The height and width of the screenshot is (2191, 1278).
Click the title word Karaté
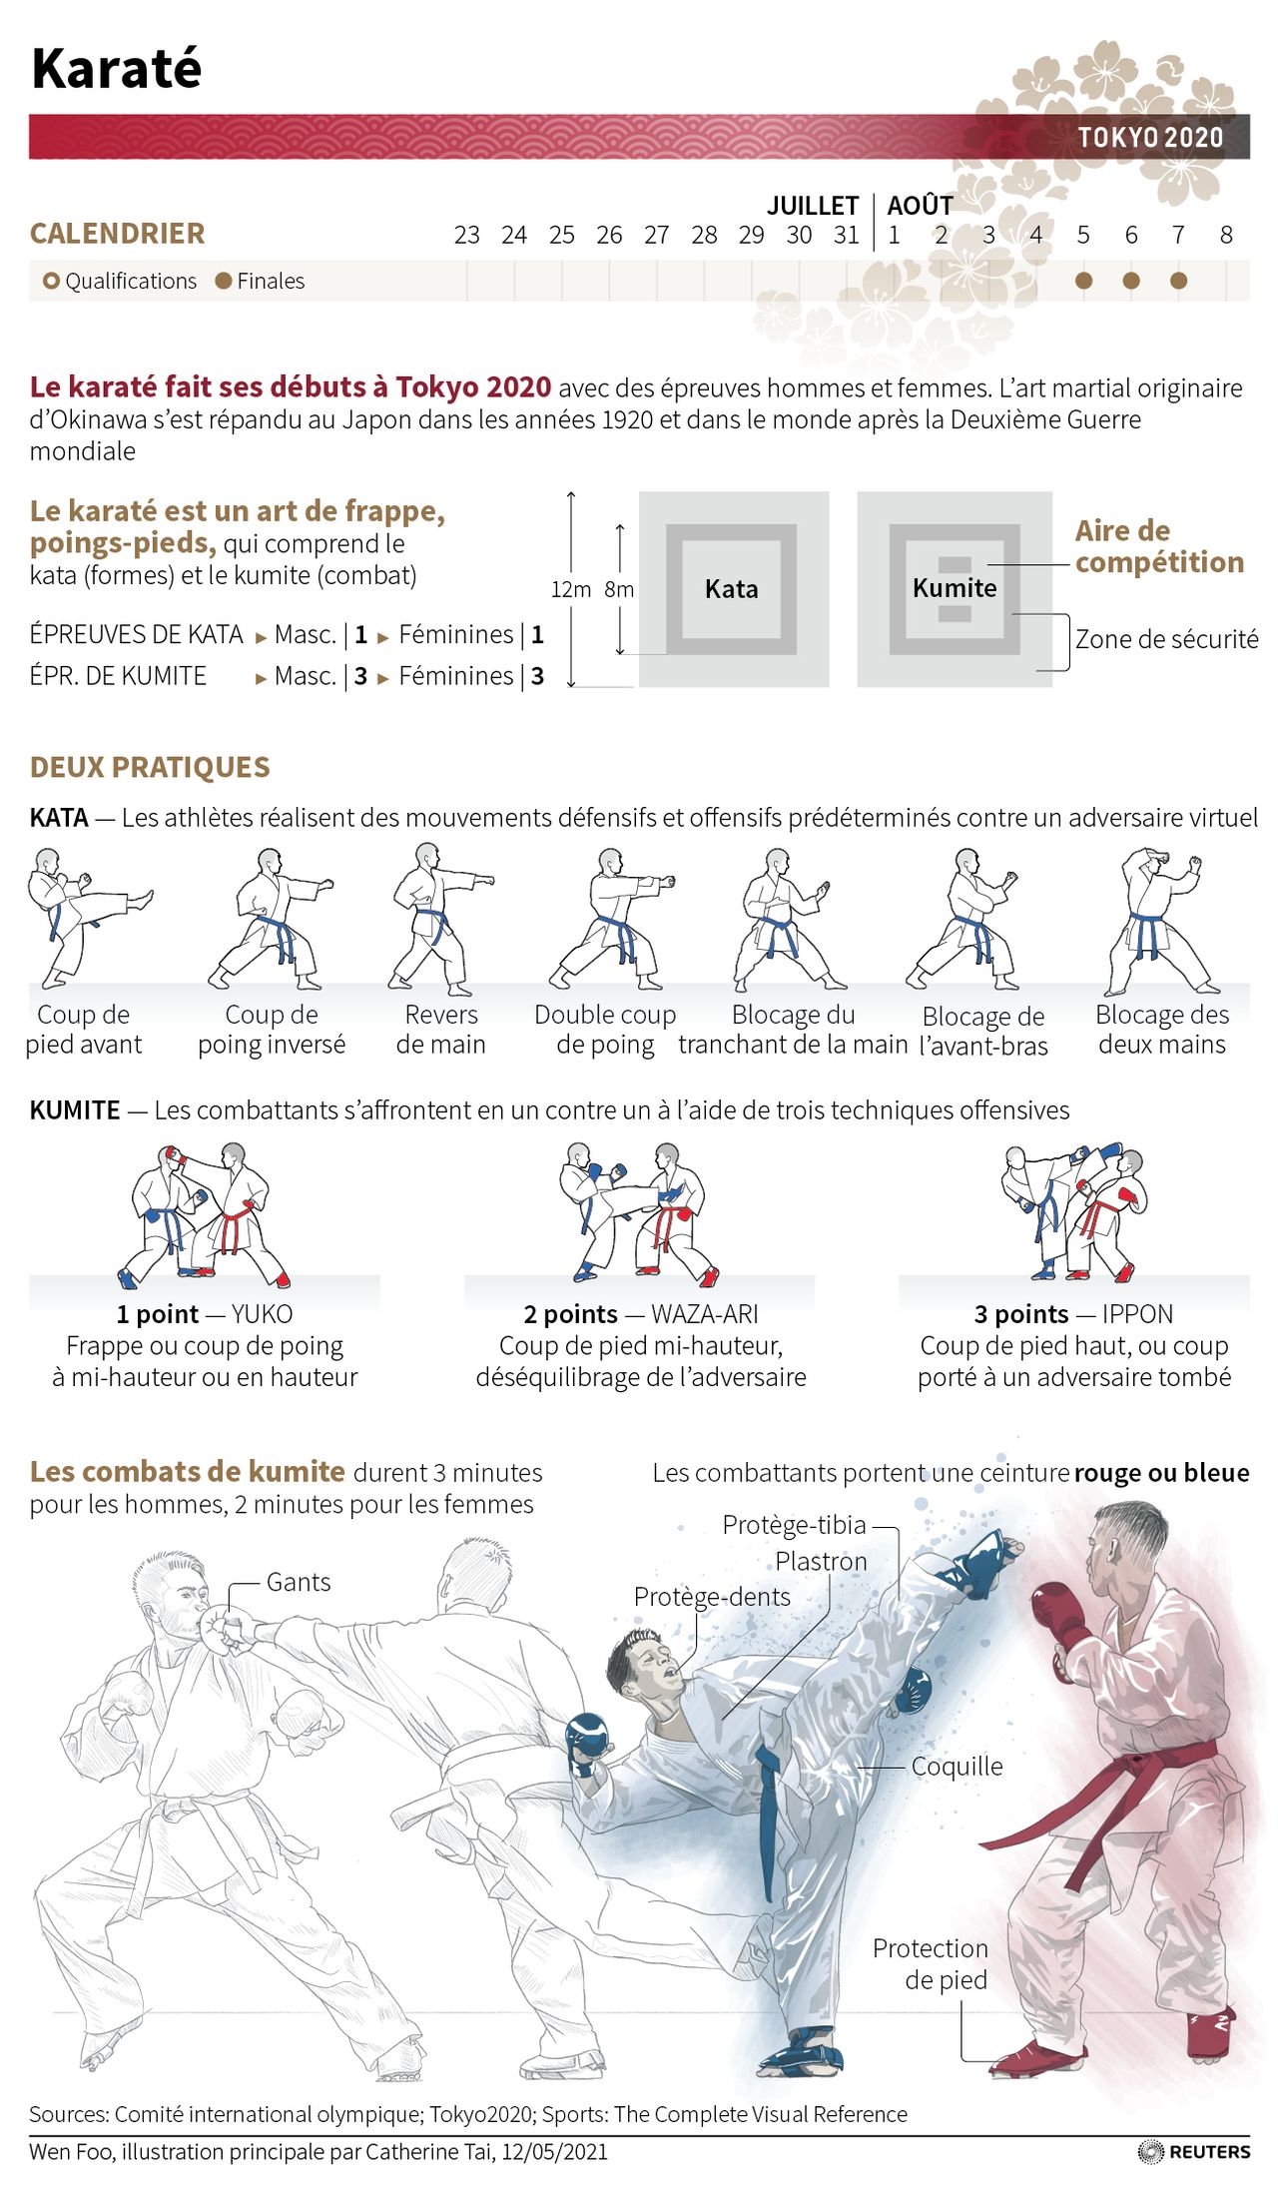117,69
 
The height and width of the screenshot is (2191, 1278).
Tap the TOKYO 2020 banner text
1150,138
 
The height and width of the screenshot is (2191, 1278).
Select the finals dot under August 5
1083,281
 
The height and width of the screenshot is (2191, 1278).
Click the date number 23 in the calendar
466,235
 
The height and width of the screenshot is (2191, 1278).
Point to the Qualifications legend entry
120,281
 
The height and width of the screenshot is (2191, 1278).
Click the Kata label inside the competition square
731,589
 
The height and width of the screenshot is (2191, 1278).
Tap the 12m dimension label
570,589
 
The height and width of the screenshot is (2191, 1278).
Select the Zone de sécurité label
1166,639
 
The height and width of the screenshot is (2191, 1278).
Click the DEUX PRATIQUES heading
150,767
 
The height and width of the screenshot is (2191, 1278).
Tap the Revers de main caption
440,1030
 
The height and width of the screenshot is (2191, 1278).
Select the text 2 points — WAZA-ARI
640,1314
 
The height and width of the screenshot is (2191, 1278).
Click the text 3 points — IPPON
1073,1314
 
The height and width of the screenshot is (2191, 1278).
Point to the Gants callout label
298,1582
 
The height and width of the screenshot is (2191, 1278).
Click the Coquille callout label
957,1766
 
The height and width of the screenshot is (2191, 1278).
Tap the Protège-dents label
712,1597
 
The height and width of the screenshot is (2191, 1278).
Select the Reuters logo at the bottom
1194,2151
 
